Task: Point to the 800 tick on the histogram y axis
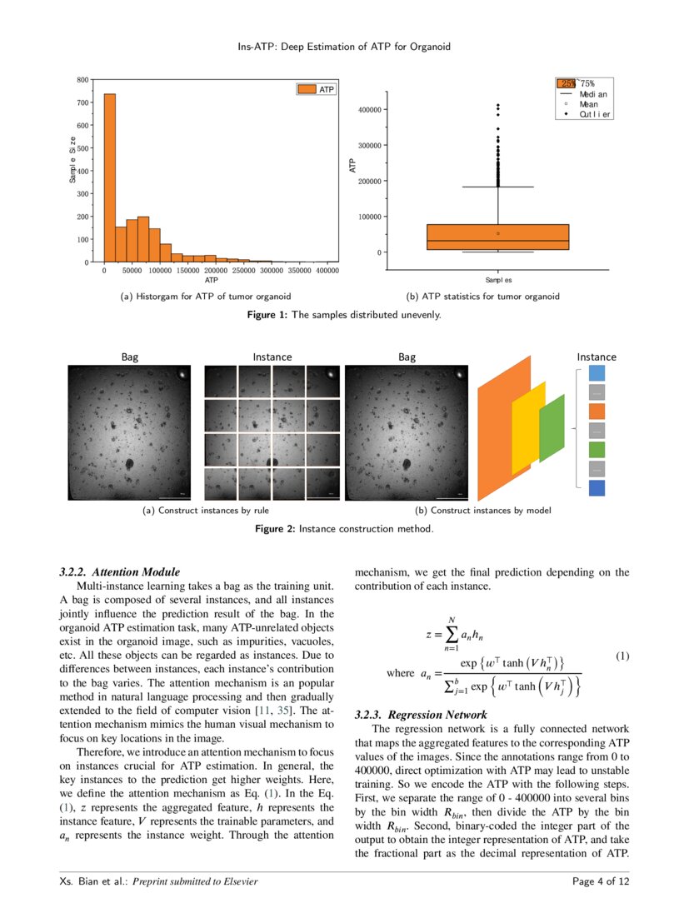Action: [x=83, y=80]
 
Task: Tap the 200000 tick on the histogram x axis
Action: [x=216, y=271]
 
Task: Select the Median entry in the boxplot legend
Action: [x=593, y=94]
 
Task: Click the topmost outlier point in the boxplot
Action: [x=498, y=106]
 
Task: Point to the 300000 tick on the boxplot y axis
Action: [x=369, y=145]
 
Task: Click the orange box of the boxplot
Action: [x=497, y=237]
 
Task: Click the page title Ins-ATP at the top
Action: [x=344, y=47]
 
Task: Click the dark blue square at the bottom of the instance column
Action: [x=597, y=488]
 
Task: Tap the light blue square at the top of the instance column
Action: [x=597, y=372]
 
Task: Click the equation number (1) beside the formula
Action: [x=622, y=656]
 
